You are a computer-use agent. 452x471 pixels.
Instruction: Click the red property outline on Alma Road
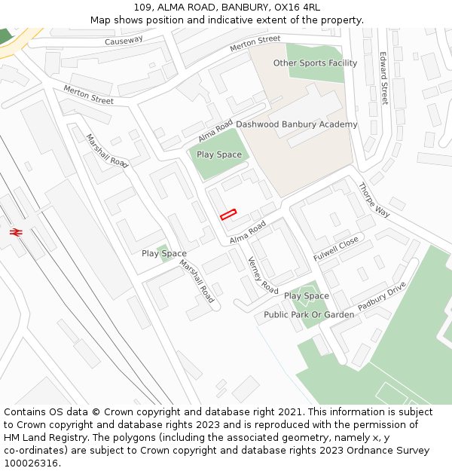[228, 214]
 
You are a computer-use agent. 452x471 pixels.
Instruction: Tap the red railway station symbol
[15, 232]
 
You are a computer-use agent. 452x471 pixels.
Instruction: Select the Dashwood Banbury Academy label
[297, 124]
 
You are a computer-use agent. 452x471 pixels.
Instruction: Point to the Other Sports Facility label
[315, 63]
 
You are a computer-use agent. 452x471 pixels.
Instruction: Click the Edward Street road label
[383, 78]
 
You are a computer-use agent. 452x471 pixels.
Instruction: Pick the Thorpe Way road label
[374, 200]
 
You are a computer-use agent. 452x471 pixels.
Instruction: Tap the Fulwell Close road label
[336, 249]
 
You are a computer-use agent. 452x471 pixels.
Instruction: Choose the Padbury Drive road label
[383, 295]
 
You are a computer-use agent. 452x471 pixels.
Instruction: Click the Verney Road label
[263, 275]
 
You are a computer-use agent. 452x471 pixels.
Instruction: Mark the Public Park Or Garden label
[309, 314]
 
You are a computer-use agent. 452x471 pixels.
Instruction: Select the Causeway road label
[124, 41]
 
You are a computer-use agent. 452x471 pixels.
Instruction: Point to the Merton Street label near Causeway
[255, 44]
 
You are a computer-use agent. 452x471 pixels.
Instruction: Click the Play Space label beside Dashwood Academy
[219, 154]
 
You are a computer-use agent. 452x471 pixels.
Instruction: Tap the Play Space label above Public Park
[306, 296]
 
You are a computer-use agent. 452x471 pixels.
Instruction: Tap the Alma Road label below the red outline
[248, 233]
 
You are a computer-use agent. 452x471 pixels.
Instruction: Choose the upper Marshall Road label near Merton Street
[106, 151]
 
